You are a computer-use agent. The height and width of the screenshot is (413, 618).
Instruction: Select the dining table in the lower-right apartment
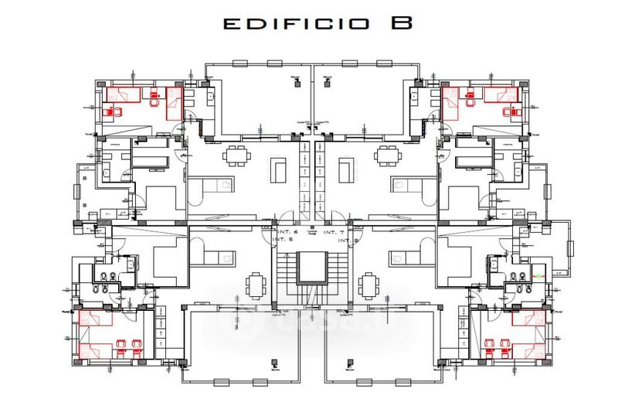(x=368, y=283)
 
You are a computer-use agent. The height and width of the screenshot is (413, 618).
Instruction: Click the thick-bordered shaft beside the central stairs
(x=311, y=268)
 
